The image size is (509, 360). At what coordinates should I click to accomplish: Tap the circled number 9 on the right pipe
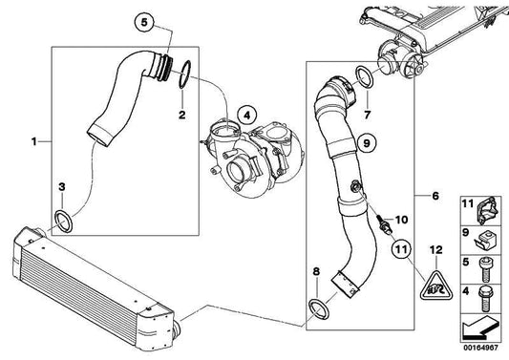click(x=364, y=143)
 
